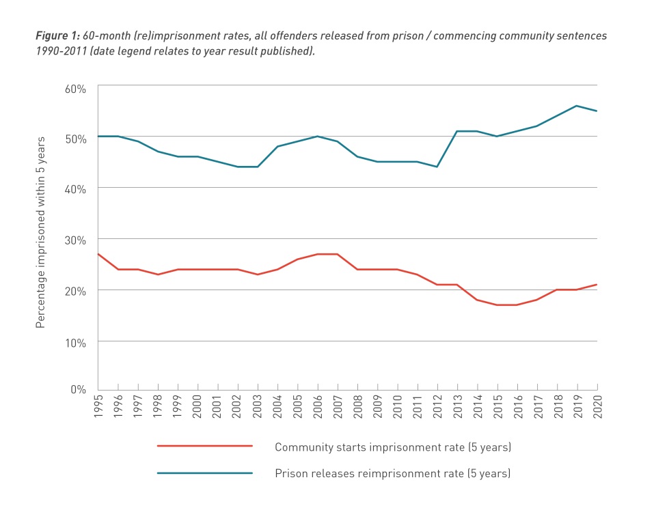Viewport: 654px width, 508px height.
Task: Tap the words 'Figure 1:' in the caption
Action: (x=57, y=35)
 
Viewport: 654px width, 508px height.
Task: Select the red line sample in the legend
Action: (x=205, y=446)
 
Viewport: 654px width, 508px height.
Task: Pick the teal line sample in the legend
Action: (x=205, y=472)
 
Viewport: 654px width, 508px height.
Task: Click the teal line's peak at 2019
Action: (x=577, y=106)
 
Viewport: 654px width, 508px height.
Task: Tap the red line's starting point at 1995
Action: (x=98, y=254)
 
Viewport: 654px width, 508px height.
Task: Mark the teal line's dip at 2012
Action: (x=437, y=167)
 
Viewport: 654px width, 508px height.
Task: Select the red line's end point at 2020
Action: (x=597, y=285)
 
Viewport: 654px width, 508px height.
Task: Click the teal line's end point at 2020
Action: (x=597, y=111)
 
